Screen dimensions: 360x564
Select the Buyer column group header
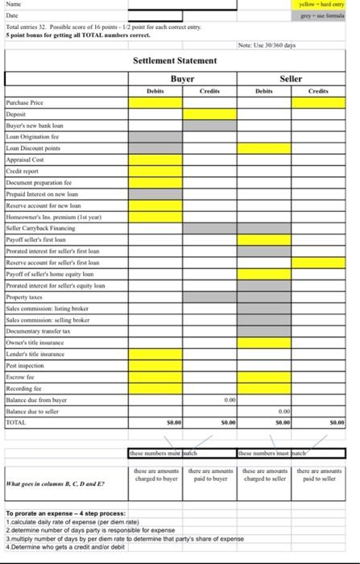183,78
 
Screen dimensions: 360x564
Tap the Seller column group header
291,78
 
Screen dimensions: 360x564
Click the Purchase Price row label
24,103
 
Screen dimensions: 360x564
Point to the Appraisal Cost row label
25,160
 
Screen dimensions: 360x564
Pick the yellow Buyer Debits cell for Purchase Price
155,103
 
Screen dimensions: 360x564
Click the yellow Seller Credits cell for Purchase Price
318,103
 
